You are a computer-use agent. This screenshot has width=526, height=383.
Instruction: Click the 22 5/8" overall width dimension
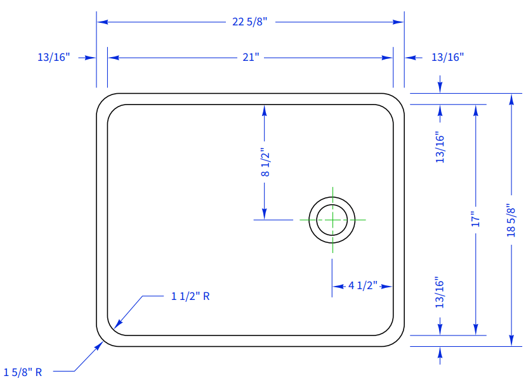[249, 22]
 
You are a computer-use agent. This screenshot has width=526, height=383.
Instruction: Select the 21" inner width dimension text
[251, 58]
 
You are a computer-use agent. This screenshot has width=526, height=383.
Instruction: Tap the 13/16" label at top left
[53, 58]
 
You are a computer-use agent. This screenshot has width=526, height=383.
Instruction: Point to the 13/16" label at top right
[447, 58]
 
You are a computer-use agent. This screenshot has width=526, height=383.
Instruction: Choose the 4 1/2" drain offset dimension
[362, 285]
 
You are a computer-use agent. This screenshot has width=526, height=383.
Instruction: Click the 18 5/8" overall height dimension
[511, 220]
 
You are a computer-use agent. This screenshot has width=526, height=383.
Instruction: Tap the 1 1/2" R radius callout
[190, 296]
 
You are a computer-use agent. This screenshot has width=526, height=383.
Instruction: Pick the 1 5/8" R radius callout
[23, 372]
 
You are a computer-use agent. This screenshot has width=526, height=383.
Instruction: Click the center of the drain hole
[332, 219]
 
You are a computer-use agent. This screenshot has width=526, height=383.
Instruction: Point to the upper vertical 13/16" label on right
[440, 148]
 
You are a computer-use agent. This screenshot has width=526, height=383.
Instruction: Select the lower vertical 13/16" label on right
[440, 292]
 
